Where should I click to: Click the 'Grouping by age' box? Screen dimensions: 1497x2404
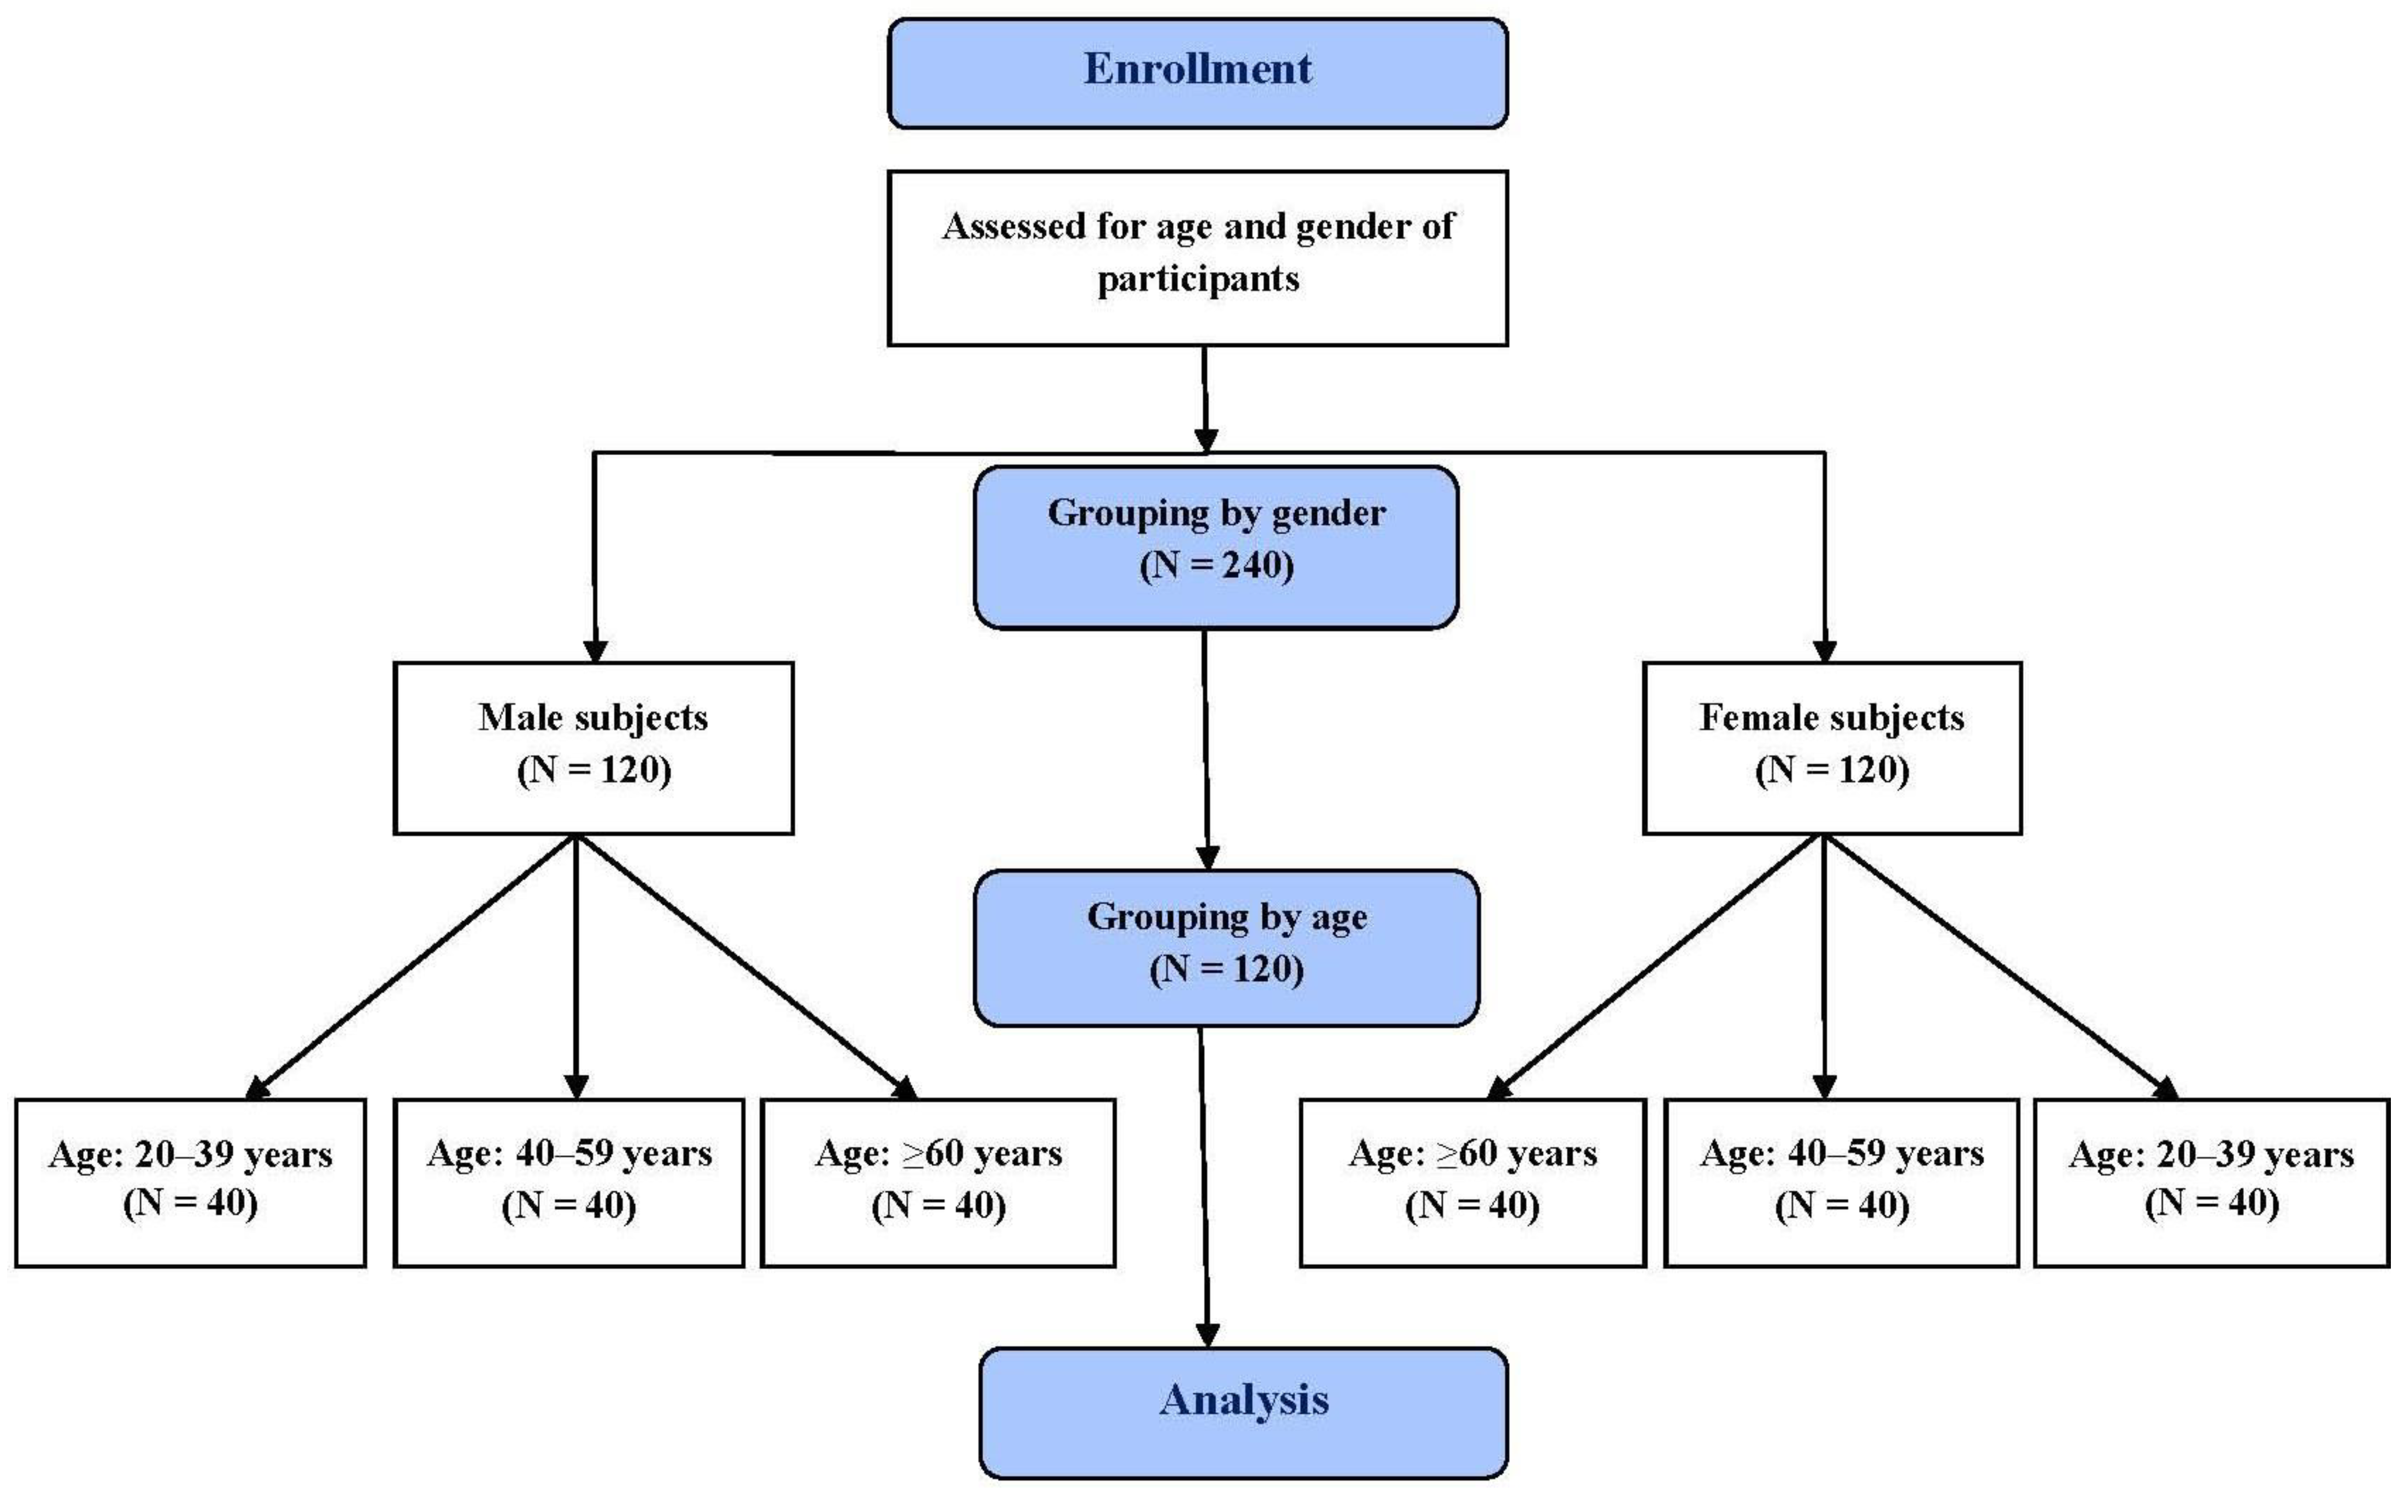1226,947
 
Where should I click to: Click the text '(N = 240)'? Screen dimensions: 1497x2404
1216,565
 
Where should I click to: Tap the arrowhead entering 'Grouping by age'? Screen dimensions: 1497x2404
1207,857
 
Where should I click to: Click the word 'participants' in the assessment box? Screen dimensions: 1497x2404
1198,279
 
